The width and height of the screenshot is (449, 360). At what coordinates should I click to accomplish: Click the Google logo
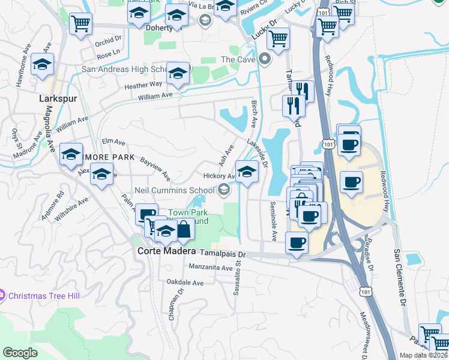pos(20,352)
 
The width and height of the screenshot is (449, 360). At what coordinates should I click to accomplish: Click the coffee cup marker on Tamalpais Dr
pos(297,243)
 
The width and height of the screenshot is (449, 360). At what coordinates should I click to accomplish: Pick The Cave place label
pos(238,59)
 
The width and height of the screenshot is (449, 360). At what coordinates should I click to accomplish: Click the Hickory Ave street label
pos(218,176)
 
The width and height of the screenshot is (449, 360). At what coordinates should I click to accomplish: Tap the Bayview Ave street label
pos(155,169)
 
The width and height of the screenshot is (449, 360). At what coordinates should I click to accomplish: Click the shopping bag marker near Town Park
pos(184,229)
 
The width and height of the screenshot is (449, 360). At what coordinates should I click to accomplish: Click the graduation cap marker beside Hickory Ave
pos(246,172)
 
